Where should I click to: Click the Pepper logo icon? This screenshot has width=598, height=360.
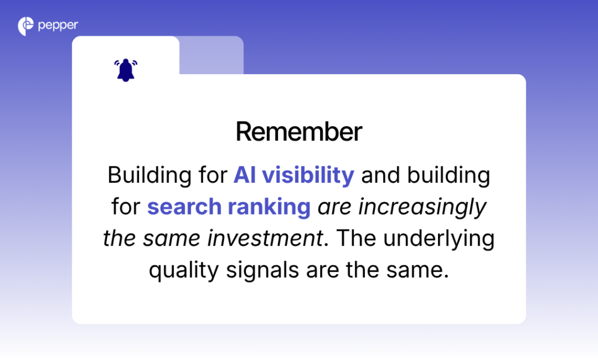tap(26, 26)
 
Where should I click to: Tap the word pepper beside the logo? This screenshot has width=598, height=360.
tap(58, 26)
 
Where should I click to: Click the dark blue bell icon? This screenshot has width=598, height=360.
tap(126, 70)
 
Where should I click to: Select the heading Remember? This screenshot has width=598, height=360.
tap(299, 132)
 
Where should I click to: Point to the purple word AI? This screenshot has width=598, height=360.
tap(245, 175)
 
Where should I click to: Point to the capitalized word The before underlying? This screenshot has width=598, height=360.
tap(353, 238)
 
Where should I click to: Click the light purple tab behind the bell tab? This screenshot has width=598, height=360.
tap(211, 55)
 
